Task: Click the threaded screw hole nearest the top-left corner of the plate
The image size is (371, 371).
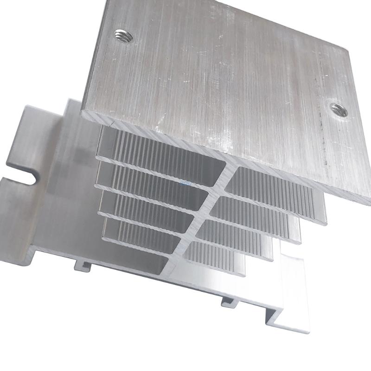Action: (123, 35)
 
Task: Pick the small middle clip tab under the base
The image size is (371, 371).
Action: (228, 302)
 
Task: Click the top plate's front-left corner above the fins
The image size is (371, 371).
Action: (83, 111)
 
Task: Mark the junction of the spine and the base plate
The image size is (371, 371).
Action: (172, 269)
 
